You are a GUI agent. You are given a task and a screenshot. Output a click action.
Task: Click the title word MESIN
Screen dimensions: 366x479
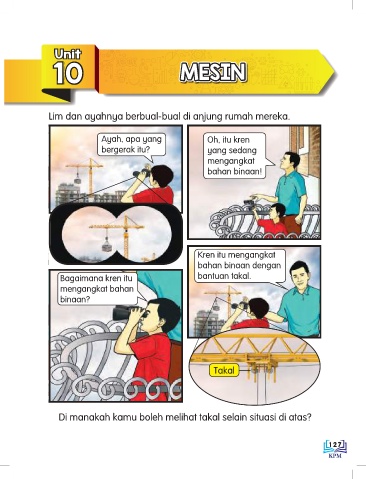click(x=213, y=72)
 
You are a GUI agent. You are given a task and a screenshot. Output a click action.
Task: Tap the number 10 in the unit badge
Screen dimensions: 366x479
click(x=68, y=73)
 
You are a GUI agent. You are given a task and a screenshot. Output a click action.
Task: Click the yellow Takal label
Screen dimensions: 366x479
click(x=224, y=370)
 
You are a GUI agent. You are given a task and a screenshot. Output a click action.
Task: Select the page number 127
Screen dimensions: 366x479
click(x=335, y=445)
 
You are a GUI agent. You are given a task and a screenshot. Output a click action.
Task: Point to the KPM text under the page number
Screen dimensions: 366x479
click(x=335, y=456)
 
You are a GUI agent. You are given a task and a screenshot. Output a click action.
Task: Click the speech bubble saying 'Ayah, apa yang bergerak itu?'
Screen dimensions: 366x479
click(x=132, y=145)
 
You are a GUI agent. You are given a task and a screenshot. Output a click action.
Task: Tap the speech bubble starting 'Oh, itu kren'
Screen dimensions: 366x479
click(x=235, y=156)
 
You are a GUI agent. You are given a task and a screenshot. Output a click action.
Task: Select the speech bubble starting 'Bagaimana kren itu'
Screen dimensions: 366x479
click(x=98, y=289)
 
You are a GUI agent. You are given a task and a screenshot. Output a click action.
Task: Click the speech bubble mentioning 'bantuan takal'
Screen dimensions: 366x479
click(x=241, y=266)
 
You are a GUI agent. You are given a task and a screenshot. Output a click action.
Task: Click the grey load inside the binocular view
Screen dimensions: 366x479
click(x=107, y=246)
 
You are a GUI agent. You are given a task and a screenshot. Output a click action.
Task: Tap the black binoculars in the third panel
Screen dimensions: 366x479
click(x=128, y=313)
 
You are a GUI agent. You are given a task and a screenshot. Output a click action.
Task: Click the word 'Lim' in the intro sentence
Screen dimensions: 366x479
click(x=54, y=117)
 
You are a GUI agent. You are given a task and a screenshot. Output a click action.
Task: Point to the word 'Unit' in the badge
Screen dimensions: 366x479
click(x=68, y=54)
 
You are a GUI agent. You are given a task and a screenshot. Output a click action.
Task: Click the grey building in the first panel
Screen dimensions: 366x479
click(x=68, y=194)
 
